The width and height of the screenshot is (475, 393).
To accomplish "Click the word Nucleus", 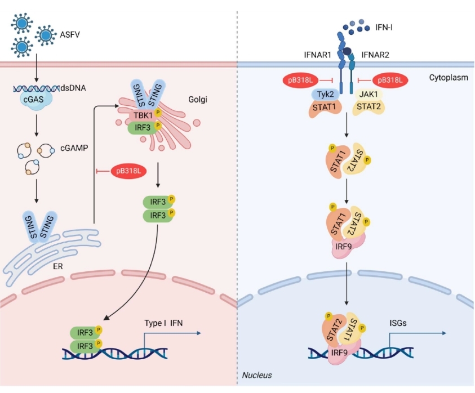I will [x=256, y=374].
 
